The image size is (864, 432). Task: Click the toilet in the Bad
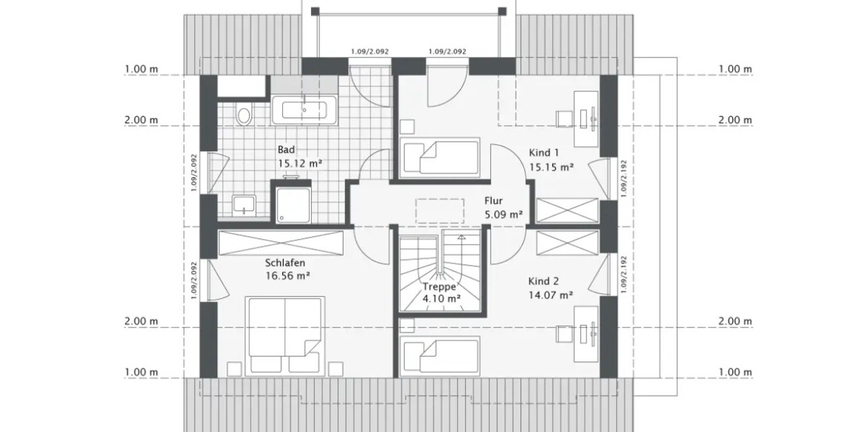click(x=244, y=115)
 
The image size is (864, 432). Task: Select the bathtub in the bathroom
click(x=304, y=110)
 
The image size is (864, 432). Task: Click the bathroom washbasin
click(x=244, y=205)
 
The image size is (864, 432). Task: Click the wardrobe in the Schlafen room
click(x=281, y=243)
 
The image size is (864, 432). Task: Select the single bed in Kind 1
click(x=440, y=156)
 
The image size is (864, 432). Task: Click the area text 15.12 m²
click(x=300, y=163)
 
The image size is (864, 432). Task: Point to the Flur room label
click(x=493, y=202)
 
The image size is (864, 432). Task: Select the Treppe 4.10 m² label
click(x=441, y=292)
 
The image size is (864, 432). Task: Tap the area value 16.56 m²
click(x=287, y=275)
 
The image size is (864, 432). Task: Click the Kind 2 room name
click(x=544, y=282)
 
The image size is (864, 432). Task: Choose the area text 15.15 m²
click(x=552, y=166)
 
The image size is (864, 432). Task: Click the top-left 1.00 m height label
click(x=141, y=69)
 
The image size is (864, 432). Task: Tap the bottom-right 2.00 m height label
click(x=735, y=321)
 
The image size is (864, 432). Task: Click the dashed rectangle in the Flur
click(x=440, y=209)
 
